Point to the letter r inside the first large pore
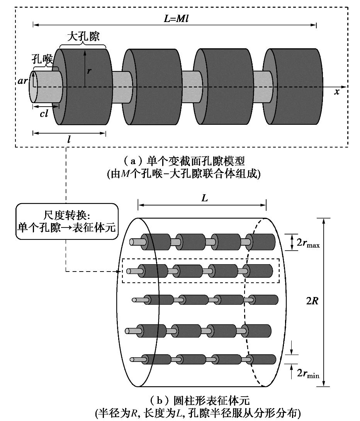pyautogui.click(x=89, y=71)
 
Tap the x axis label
pyautogui.click(x=337, y=92)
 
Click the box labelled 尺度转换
pyautogui.click(x=66, y=221)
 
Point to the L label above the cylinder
pyautogui.click(x=205, y=198)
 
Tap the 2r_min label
pyautogui.click(x=308, y=373)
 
